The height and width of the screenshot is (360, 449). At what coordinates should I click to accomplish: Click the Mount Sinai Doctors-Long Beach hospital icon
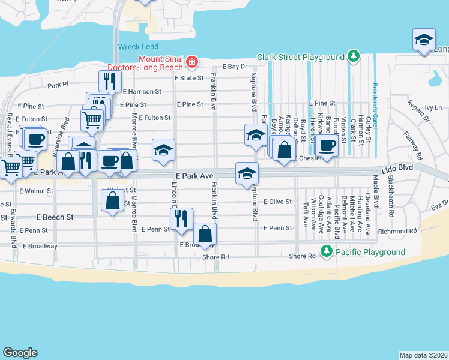191,62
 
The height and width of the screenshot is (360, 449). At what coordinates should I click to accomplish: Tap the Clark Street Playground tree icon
354,57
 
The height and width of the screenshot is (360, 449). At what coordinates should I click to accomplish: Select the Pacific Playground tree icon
326,252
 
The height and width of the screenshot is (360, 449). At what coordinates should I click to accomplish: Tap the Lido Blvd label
401,168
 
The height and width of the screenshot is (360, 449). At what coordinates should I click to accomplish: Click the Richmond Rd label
397,231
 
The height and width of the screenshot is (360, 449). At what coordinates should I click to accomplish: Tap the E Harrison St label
142,92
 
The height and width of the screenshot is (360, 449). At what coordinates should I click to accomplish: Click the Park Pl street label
58,86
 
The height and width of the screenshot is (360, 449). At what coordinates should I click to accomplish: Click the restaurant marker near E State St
109,80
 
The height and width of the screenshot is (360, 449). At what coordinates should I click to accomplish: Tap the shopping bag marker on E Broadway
205,233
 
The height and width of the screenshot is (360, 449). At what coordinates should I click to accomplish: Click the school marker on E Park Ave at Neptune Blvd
246,173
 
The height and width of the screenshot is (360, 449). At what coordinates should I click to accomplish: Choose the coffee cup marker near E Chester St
327,146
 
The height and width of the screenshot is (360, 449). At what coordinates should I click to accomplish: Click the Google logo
20,353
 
